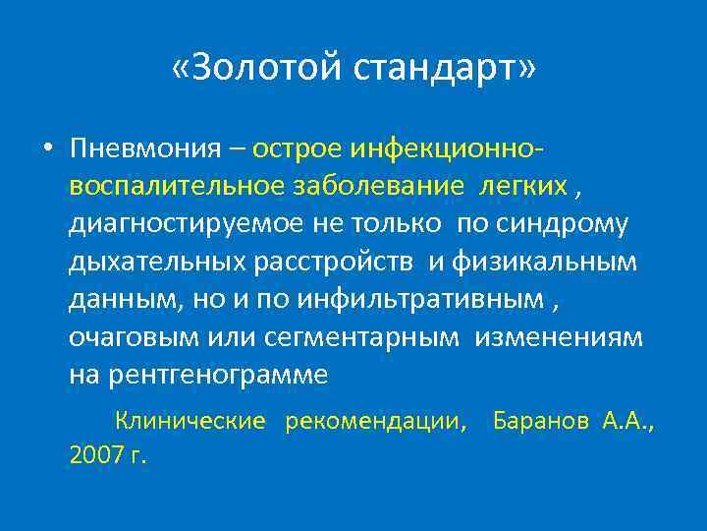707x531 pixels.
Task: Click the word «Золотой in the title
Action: [256, 69]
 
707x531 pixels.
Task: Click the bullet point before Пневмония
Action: [48, 149]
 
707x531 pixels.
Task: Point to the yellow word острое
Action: [296, 148]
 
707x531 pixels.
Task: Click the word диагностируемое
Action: [188, 224]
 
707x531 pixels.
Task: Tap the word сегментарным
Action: [362, 337]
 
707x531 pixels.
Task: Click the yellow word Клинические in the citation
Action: [190, 422]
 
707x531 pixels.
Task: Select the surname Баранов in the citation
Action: [541, 422]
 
